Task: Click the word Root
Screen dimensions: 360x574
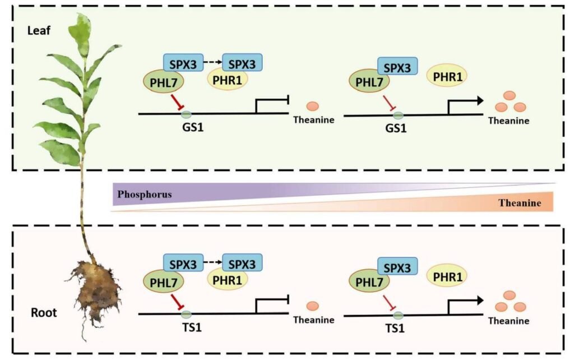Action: (x=43, y=312)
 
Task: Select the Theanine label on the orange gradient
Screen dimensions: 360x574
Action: (x=520, y=203)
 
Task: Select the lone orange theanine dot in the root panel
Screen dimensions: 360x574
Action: (x=313, y=306)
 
